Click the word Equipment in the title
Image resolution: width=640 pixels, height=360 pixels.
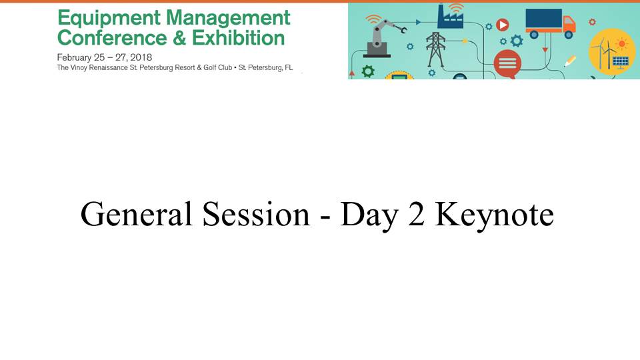[x=109, y=19]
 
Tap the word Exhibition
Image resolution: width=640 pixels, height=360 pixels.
[x=239, y=38]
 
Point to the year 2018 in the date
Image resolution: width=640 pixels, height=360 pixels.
[x=141, y=57]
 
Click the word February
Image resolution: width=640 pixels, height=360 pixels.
[x=75, y=58]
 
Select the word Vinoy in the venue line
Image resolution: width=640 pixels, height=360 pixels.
[x=79, y=68]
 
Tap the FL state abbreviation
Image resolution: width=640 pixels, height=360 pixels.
[x=289, y=67]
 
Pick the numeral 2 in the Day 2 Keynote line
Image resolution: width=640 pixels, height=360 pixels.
[x=416, y=213]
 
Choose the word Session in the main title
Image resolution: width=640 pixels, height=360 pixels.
[x=256, y=213]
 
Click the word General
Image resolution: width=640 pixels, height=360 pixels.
[x=136, y=213]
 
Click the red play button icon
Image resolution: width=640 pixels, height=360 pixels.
[x=503, y=25]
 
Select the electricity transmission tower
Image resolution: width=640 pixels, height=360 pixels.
[x=435, y=49]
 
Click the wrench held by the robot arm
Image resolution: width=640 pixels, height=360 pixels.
[x=401, y=29]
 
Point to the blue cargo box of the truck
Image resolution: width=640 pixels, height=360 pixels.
[x=544, y=19]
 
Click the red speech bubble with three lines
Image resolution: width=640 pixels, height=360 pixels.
[x=507, y=64]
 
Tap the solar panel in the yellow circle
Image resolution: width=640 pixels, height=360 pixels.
[x=621, y=62]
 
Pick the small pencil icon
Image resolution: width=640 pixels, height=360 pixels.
[x=570, y=61]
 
